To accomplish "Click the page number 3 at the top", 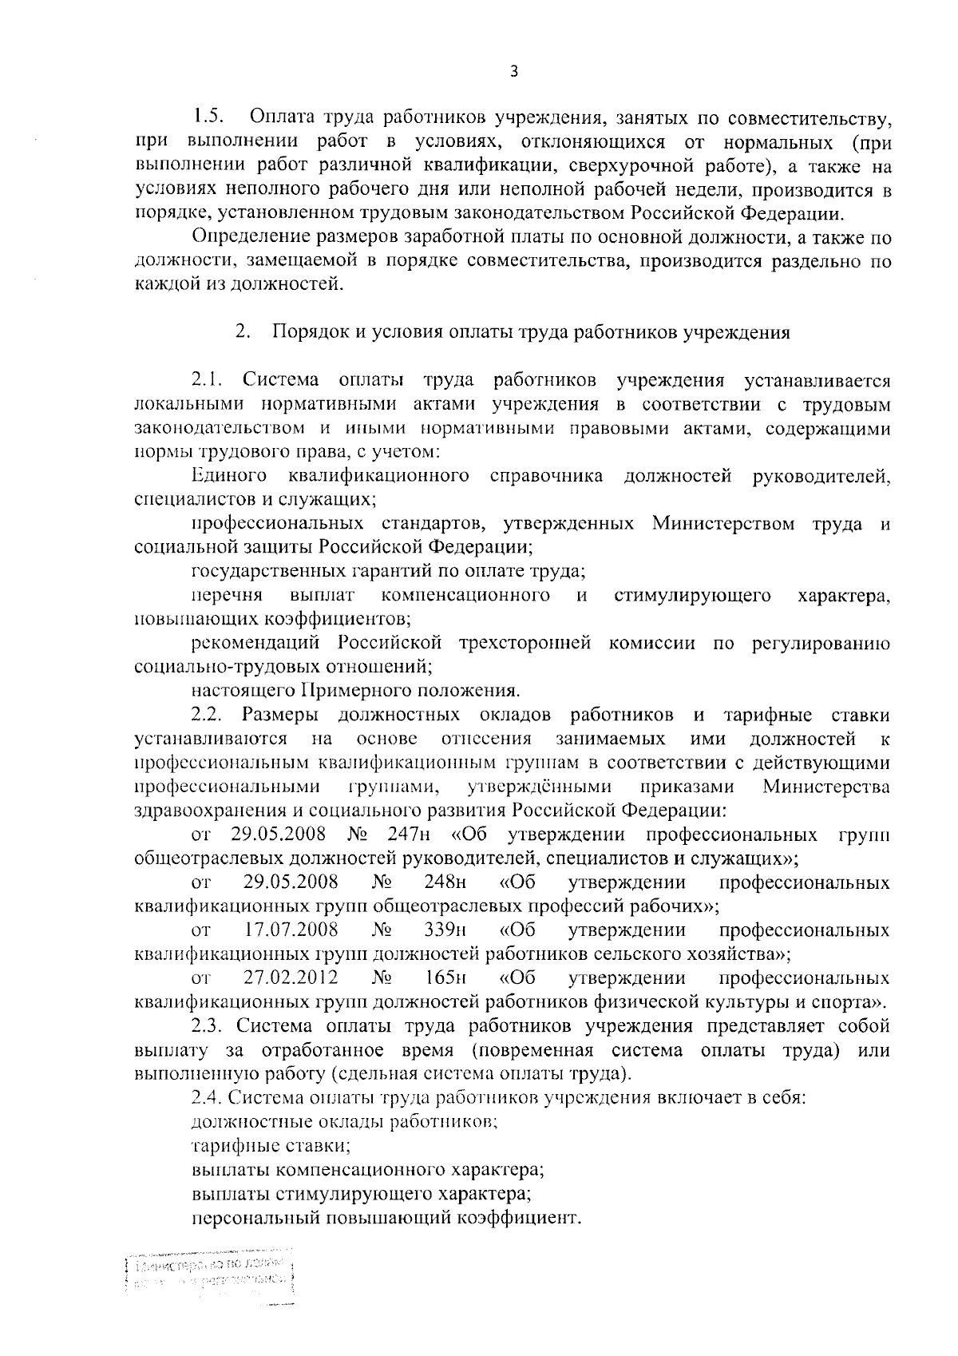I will (514, 71).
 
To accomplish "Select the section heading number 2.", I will (242, 332).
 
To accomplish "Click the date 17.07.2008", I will (291, 930).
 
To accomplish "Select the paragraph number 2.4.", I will (206, 1097).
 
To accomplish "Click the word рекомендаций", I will (255, 643).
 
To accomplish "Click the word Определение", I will (249, 237).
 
